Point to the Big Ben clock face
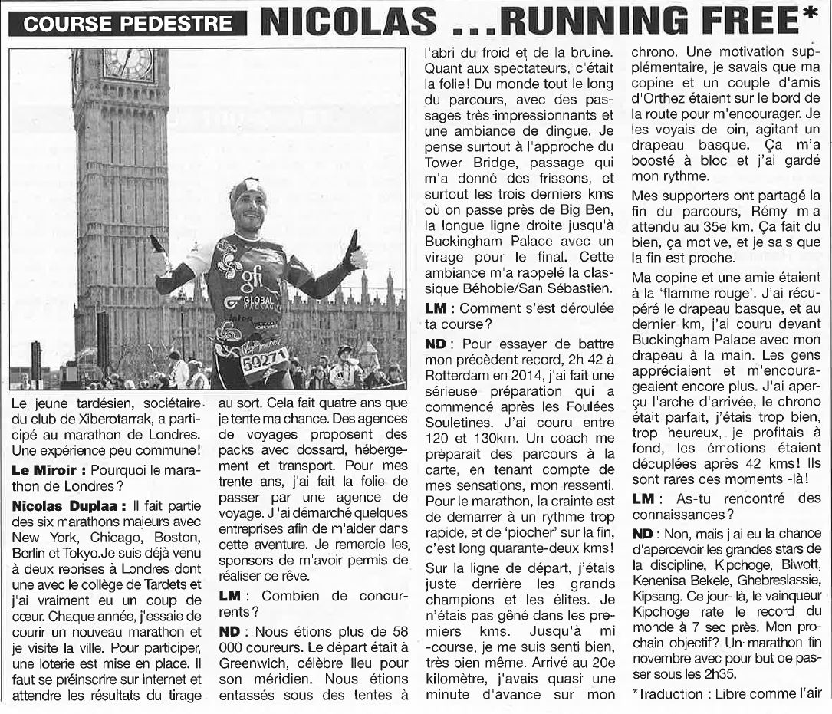point(127,64)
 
